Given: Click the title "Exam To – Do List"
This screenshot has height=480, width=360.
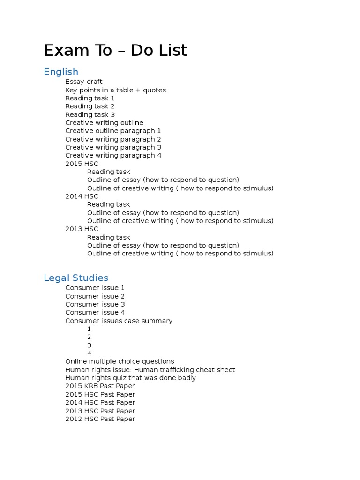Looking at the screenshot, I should [x=115, y=50].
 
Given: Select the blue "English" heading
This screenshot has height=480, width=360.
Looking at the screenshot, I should [x=61, y=72].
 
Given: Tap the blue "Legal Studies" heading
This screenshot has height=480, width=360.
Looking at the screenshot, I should [x=76, y=278].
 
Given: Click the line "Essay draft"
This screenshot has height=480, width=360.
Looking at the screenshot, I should [x=84, y=82].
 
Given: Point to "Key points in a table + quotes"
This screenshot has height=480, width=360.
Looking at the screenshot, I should [x=115, y=90].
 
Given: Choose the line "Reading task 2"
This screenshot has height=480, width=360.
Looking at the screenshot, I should [x=90, y=106].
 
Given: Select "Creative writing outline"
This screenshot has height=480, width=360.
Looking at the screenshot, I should [x=104, y=123].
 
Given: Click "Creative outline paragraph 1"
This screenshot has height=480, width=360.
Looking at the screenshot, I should [x=113, y=131].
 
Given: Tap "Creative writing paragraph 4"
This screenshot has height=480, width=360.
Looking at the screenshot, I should [x=113, y=155].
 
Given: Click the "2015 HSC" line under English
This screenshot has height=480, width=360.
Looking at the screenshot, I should [x=82, y=164].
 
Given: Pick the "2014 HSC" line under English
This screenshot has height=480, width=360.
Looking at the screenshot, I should [x=82, y=196].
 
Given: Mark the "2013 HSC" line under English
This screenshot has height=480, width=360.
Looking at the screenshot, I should [x=82, y=229].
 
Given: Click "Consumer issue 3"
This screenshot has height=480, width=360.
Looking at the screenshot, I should [x=95, y=304].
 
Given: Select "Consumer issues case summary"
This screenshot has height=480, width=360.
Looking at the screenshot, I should [x=119, y=321].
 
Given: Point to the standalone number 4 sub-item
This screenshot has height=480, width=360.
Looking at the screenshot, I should [x=89, y=353].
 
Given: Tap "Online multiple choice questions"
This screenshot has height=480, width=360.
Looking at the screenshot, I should [x=120, y=361].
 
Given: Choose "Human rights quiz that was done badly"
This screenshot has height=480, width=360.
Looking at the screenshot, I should [x=130, y=378].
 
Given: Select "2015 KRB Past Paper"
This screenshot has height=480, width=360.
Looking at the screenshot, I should [x=100, y=386].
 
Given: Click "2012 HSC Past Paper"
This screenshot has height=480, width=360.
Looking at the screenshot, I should [x=100, y=419].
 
